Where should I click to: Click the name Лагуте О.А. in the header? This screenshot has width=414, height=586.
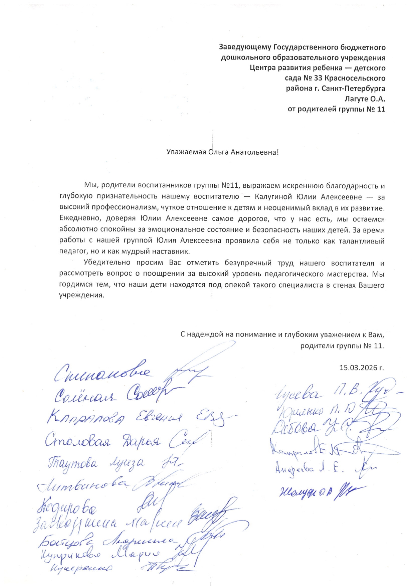point(365,99)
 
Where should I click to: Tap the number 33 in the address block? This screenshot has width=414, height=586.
point(318,78)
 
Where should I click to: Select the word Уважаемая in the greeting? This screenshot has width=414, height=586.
point(186,152)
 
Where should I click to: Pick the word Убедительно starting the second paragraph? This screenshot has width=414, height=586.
point(107,263)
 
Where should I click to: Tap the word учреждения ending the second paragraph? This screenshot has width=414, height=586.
point(82,296)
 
